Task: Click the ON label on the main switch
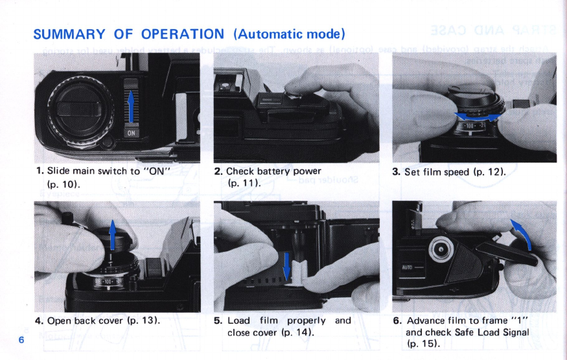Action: pos(130,133)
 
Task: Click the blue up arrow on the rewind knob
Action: pos(112,234)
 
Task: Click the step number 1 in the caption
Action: pos(40,172)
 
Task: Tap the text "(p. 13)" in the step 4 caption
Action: pos(144,321)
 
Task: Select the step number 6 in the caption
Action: pos(397,321)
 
